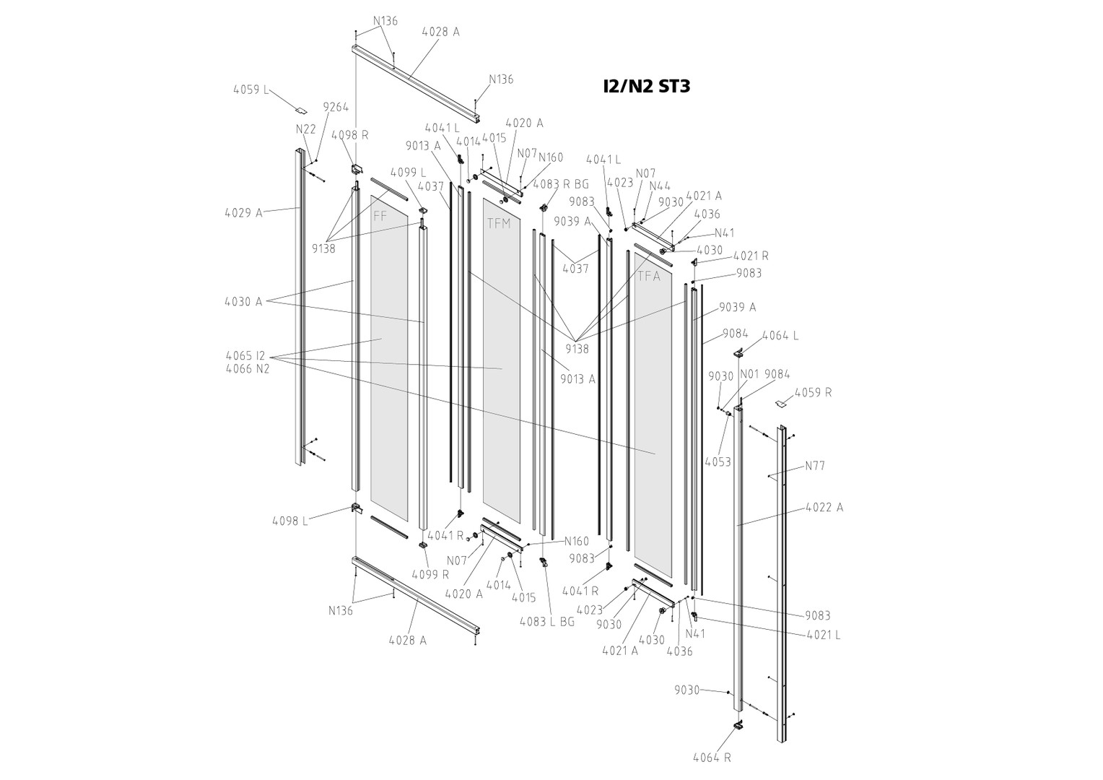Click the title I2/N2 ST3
(646, 87)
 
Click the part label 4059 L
(250, 90)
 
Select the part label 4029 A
(243, 213)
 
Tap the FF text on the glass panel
(380, 215)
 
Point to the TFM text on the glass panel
(498, 223)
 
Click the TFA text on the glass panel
(648, 276)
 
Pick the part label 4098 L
(289, 521)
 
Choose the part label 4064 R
(712, 758)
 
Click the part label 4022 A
(824, 508)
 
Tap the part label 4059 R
(813, 393)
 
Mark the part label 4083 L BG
(546, 621)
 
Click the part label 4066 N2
(247, 369)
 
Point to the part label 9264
(336, 107)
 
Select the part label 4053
(718, 461)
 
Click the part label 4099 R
(430, 575)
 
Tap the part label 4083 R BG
(561, 184)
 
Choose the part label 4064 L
(780, 336)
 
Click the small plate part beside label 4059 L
(300, 110)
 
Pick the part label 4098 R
(349, 135)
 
